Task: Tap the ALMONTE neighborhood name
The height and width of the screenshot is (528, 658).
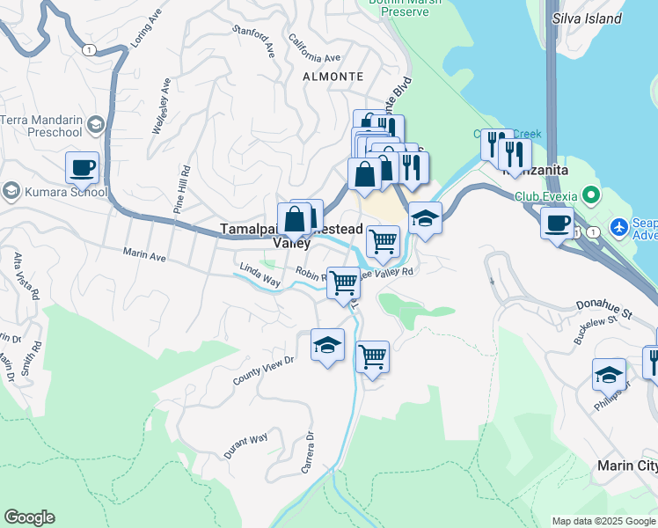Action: pyautogui.click(x=333, y=77)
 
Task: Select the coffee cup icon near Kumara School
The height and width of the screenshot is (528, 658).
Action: pyautogui.click(x=82, y=167)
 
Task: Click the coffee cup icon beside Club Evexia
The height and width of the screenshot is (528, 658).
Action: pyautogui.click(x=556, y=224)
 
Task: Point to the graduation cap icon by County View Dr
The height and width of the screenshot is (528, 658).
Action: pyautogui.click(x=327, y=345)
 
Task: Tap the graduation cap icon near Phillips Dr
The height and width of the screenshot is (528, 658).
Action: pyautogui.click(x=609, y=375)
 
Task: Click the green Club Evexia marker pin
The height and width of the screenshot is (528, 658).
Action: pyautogui.click(x=590, y=195)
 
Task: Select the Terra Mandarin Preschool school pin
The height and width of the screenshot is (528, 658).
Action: pyautogui.click(x=95, y=128)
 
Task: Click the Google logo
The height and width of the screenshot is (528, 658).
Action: pyautogui.click(x=29, y=517)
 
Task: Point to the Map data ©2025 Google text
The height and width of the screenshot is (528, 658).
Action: pyautogui.click(x=603, y=521)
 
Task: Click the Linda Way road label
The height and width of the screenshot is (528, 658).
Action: pyautogui.click(x=260, y=276)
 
